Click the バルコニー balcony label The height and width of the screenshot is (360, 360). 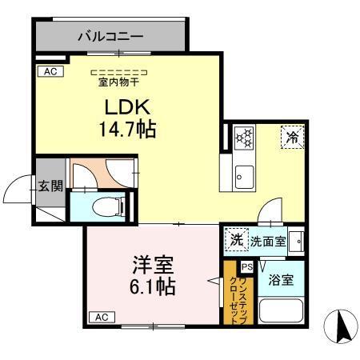tap(110, 36)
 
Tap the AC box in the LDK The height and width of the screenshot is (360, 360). tap(48, 71)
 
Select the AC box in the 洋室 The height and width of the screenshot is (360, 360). tap(102, 318)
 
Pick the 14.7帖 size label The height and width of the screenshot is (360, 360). tap(127, 128)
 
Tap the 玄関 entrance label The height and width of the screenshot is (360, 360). tap(50, 186)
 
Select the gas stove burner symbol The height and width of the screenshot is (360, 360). tap(243, 137)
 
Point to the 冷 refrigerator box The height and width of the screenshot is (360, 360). tap(292, 138)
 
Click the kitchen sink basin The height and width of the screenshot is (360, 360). tap(243, 175)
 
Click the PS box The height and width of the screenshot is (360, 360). tap(247, 266)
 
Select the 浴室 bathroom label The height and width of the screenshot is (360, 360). tap(281, 280)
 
